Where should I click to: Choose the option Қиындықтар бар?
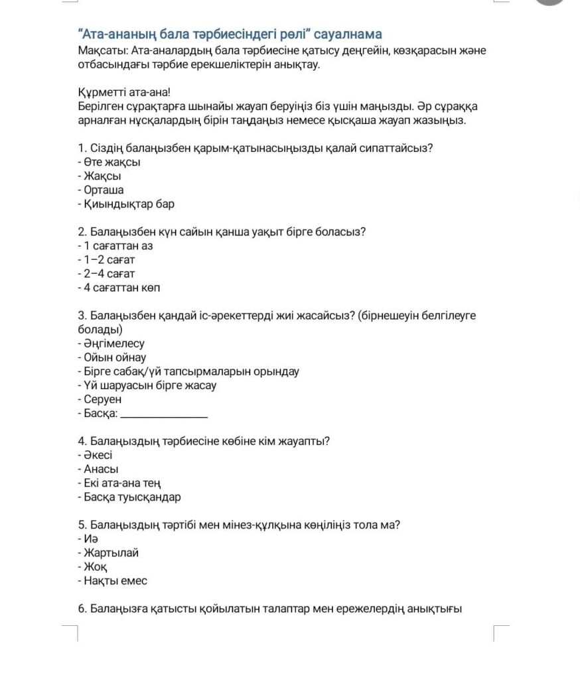click(129, 204)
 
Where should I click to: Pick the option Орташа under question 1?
click(104, 190)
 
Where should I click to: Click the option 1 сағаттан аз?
click(118, 246)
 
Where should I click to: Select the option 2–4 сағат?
click(109, 274)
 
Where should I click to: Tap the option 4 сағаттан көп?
click(121, 288)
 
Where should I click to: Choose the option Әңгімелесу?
click(113, 344)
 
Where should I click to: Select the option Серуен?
click(103, 400)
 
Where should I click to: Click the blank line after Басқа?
click(166, 415)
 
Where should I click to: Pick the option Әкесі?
click(98, 456)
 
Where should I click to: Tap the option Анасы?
click(101, 469)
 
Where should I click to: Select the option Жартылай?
click(111, 553)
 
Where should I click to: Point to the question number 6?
click(82, 609)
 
